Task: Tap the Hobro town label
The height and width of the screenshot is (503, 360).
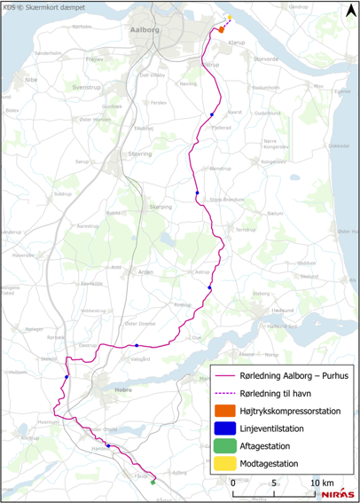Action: click(x=124, y=388)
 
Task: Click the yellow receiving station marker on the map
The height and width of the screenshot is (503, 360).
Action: click(x=230, y=17)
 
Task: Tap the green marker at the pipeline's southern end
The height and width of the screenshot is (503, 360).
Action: click(x=153, y=483)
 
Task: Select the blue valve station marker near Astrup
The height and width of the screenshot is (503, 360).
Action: click(x=210, y=288)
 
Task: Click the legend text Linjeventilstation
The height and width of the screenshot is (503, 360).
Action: click(x=271, y=428)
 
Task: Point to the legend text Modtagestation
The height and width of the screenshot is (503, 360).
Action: click(x=269, y=463)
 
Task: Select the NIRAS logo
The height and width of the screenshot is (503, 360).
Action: click(x=338, y=494)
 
